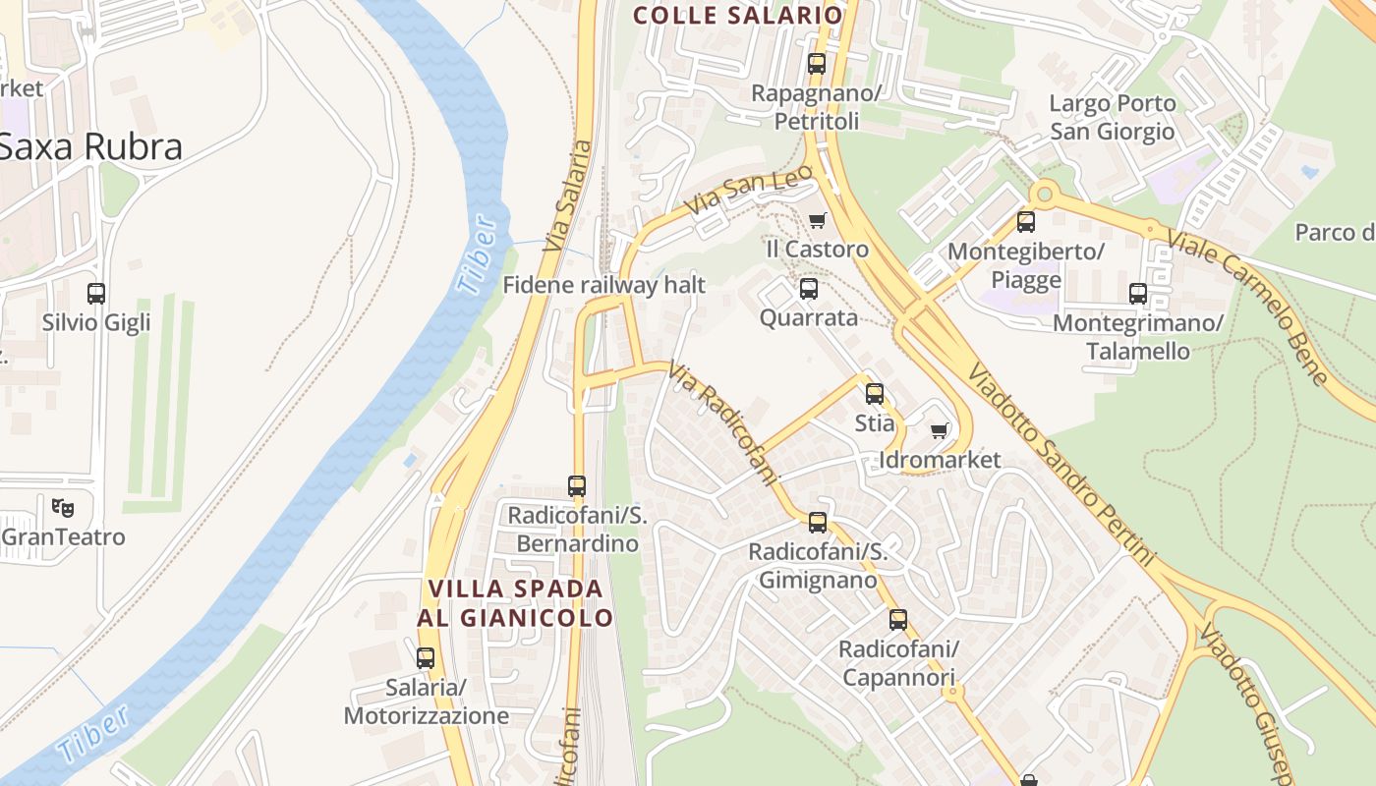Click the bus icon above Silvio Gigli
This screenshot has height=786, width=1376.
tap(96, 293)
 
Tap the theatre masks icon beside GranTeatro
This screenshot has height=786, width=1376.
tap(63, 508)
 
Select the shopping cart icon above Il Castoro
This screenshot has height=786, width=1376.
tap(817, 220)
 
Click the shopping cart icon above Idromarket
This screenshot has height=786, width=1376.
tap(940, 430)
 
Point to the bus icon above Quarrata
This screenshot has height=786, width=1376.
tap(809, 289)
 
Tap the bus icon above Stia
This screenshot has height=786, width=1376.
tap(875, 394)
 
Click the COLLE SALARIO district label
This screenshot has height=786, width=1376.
tap(738, 15)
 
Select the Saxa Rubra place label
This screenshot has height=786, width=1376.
tap(90, 146)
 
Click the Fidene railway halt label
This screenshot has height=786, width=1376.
tap(604, 285)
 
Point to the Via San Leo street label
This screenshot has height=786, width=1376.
tap(750, 191)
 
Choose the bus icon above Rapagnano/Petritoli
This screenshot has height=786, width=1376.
tap(817, 64)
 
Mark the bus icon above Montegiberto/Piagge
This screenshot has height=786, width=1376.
tap(1026, 222)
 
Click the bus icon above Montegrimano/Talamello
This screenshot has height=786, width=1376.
tap(1138, 293)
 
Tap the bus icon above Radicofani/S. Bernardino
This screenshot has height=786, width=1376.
tap(577, 485)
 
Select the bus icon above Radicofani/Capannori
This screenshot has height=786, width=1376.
tap(898, 620)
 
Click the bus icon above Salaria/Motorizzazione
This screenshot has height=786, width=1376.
tap(426, 657)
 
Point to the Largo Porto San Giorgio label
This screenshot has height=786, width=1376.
tap(1112, 117)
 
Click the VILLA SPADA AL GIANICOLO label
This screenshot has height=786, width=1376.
tap(516, 602)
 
